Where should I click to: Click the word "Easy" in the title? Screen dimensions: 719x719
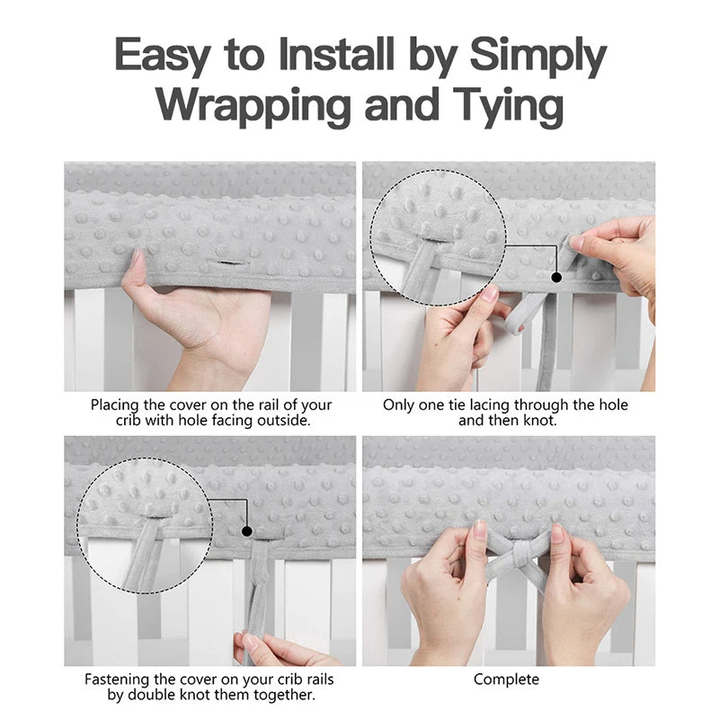[164, 54]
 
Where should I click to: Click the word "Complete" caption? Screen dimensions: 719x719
[506, 679]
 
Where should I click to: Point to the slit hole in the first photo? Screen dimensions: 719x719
[228, 262]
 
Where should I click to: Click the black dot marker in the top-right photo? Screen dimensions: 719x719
[556, 278]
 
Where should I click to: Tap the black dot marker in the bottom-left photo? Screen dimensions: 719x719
[246, 531]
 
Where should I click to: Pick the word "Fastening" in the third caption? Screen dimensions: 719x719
[117, 679]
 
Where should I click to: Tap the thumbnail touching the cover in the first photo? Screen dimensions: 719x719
[137, 258]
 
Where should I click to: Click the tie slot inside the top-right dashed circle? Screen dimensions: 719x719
[434, 238]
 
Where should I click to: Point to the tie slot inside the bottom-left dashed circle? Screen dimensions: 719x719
[155, 518]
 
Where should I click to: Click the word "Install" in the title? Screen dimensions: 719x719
[336, 54]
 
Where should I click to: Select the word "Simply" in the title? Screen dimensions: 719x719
[538, 56]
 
